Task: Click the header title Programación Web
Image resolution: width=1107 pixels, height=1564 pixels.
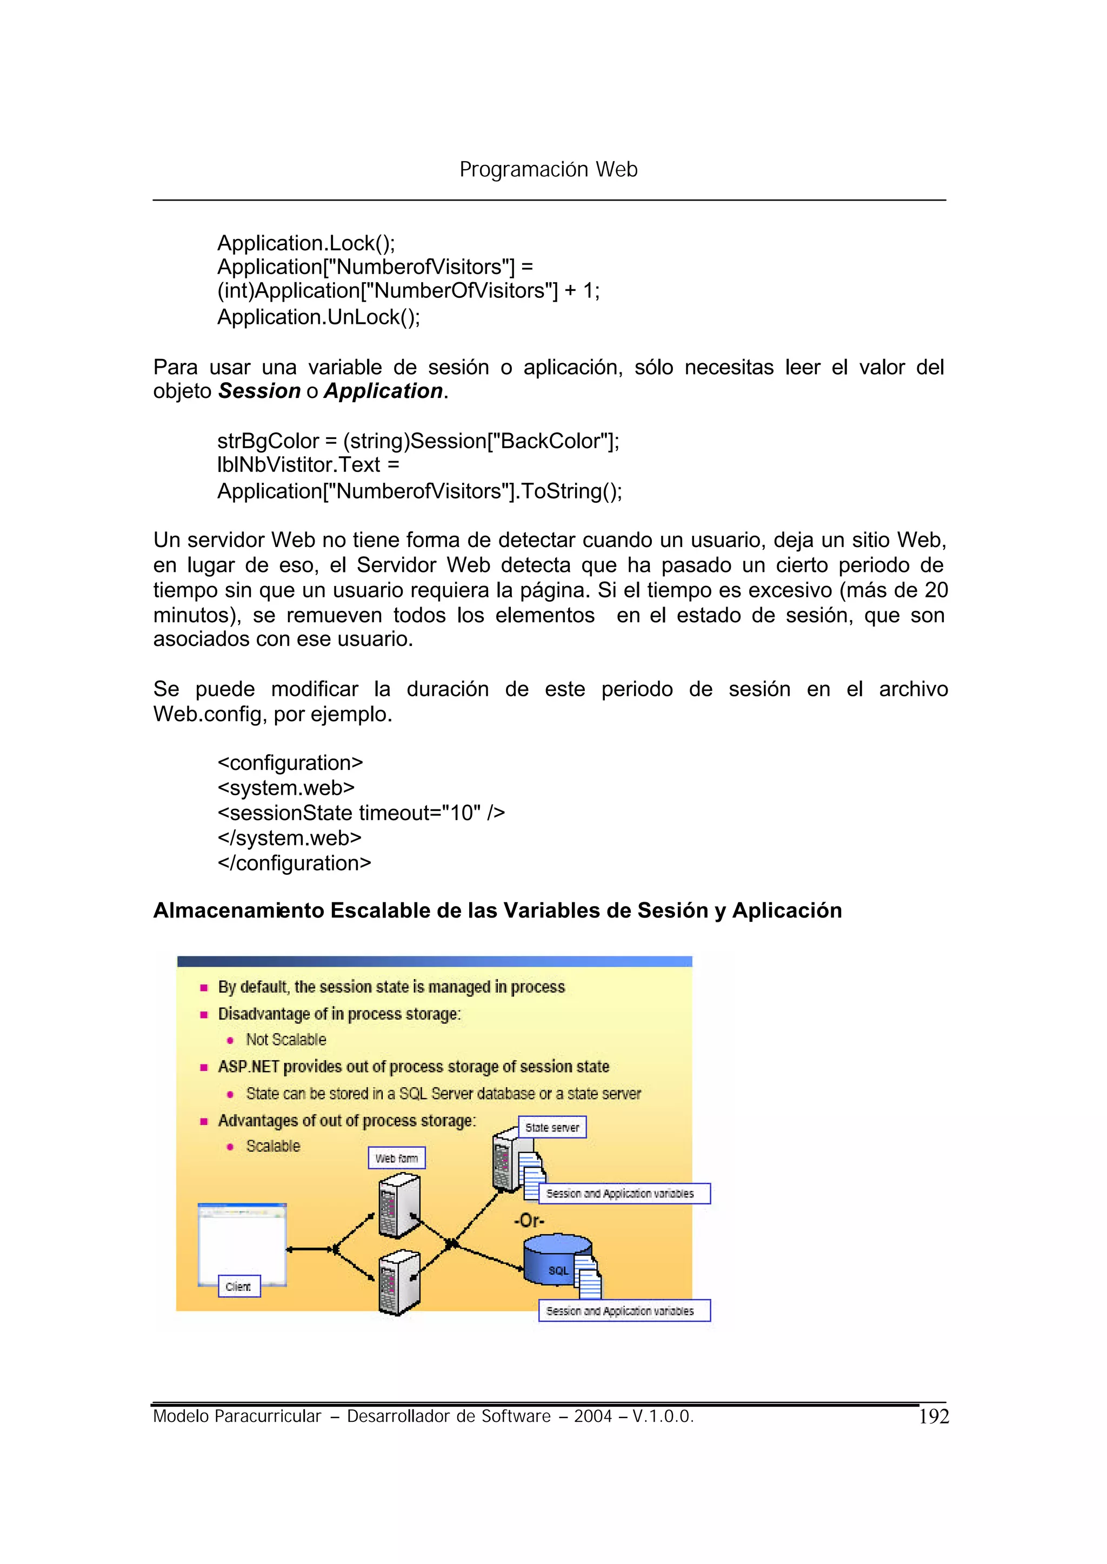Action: coord(548,169)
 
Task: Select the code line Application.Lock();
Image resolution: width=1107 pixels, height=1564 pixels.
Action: coord(305,243)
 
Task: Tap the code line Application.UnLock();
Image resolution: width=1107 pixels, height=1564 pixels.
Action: coord(318,317)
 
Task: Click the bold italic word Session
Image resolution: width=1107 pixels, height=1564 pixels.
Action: coord(259,391)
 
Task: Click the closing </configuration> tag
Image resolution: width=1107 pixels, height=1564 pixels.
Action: coord(294,863)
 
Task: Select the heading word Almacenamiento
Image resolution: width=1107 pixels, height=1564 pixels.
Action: coord(238,911)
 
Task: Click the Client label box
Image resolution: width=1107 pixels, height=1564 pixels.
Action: coord(238,1287)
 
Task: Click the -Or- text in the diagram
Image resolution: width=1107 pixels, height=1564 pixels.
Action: coord(529,1220)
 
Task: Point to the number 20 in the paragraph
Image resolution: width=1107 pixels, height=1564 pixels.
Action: coord(935,590)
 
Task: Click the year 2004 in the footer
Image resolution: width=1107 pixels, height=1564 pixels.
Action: coord(592,1416)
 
